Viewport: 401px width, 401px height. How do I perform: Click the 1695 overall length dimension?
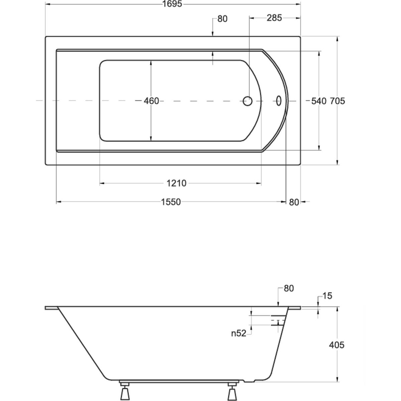click(172, 4)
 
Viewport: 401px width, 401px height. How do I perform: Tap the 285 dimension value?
click(274, 18)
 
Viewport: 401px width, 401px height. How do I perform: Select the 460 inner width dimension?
click(151, 101)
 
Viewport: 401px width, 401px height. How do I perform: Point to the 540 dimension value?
click(318, 101)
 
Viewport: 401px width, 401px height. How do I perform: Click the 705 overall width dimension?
click(337, 101)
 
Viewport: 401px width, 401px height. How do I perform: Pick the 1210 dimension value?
click(176, 183)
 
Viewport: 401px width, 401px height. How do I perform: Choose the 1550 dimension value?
click(171, 202)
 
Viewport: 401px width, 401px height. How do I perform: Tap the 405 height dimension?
click(337, 345)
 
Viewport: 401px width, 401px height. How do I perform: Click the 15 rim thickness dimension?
click(327, 296)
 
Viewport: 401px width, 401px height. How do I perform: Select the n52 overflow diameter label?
click(239, 333)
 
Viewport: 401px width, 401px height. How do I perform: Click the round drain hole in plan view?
click(247, 101)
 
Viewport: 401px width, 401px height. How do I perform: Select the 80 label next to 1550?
click(294, 202)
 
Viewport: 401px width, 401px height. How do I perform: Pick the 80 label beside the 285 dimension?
click(223, 19)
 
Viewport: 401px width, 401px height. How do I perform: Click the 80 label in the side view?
click(289, 288)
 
